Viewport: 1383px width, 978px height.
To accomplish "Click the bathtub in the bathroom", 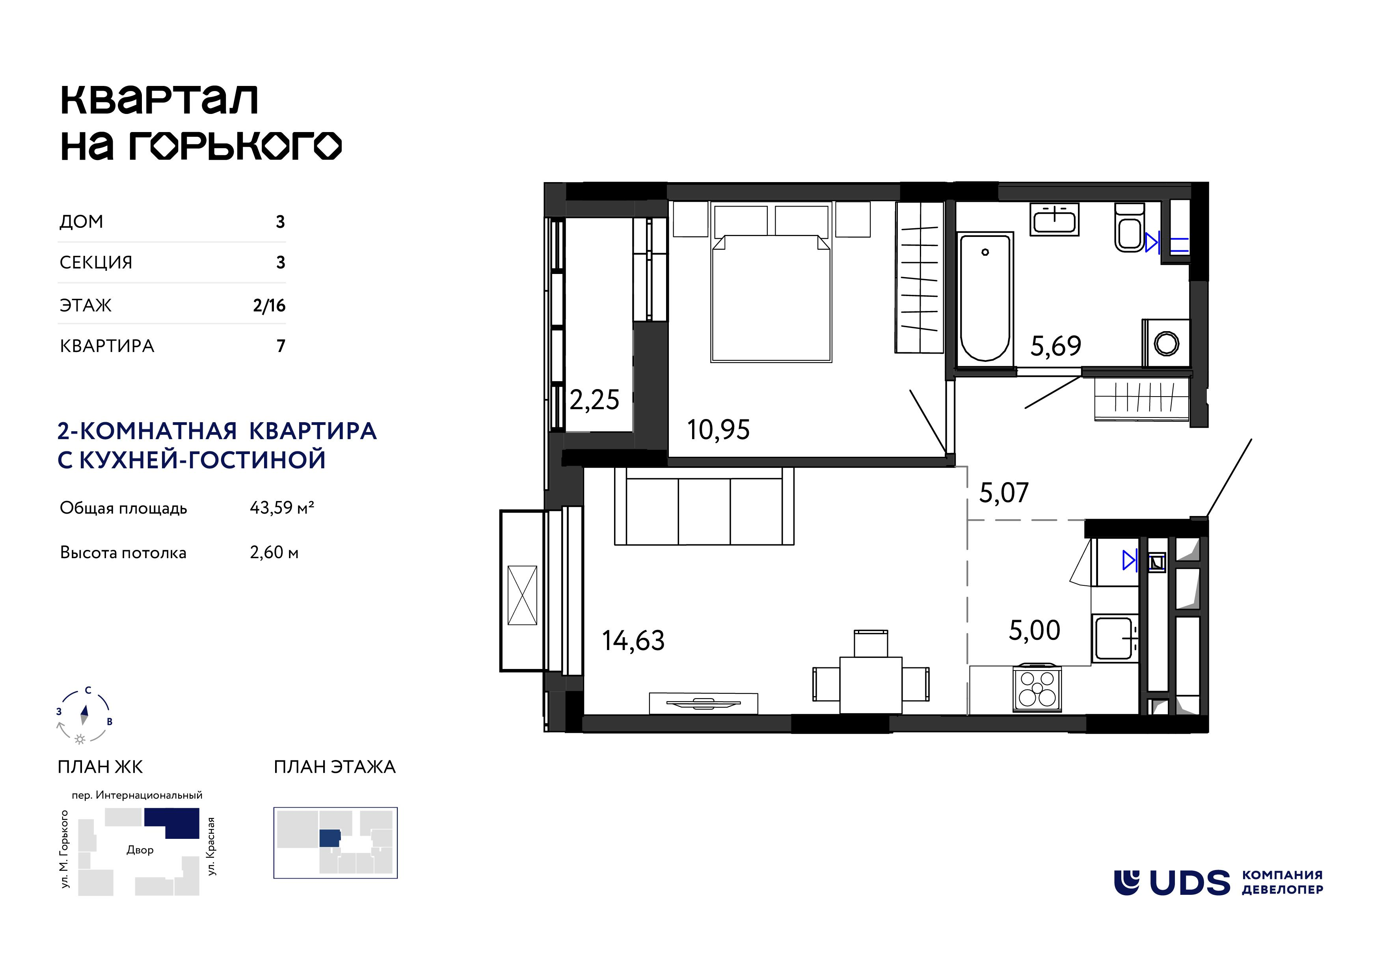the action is [x=985, y=298].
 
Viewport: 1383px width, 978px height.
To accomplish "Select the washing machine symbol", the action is [x=1166, y=343].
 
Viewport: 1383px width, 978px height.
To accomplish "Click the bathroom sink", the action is [x=1054, y=219].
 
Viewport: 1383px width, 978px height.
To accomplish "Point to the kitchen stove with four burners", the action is [x=1037, y=688].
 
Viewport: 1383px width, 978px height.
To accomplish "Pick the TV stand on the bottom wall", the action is [x=704, y=703].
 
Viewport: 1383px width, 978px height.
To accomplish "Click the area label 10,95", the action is [x=718, y=430].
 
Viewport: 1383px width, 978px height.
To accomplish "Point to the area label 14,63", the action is [x=633, y=641].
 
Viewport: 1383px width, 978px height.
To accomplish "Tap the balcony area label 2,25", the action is [x=594, y=400].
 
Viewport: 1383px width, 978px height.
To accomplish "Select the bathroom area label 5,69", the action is [x=1056, y=346].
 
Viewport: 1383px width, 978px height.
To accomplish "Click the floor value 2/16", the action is [x=269, y=306].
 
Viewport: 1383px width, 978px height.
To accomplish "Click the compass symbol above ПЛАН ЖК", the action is [x=84, y=716].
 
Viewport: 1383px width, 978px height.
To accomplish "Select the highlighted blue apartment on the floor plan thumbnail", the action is [x=329, y=838].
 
